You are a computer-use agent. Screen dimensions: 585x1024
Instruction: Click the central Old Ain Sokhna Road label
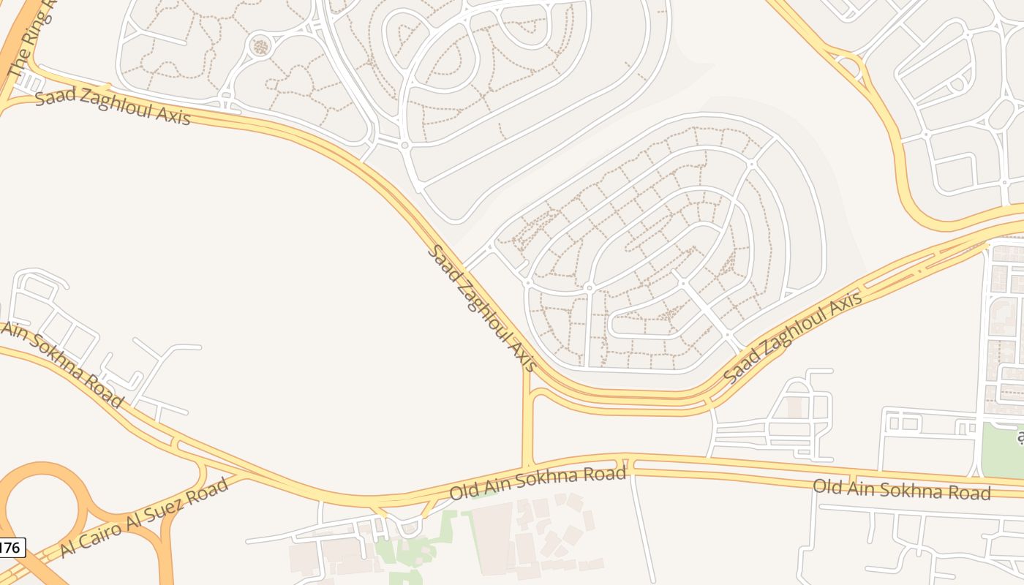coord(538,483)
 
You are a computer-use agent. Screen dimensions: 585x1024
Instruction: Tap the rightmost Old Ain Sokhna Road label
coord(902,489)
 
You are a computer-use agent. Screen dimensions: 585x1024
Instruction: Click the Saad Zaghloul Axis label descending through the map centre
coord(482,308)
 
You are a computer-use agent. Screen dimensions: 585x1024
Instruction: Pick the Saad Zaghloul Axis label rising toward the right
coord(793,336)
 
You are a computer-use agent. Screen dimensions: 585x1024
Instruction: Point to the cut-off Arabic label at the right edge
coord(1020,437)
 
